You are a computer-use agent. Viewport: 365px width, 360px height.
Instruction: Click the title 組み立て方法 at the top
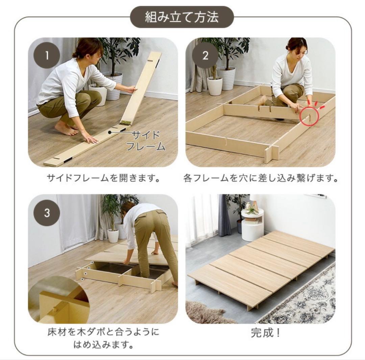[x=182, y=17]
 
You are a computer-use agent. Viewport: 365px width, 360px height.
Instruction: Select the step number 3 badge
[x=47, y=213]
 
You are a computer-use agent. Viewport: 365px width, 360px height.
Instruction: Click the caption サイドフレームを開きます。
[x=103, y=178]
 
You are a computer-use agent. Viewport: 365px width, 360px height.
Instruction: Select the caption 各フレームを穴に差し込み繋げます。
[x=261, y=178]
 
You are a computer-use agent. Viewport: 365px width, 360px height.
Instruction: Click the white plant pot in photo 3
[x=113, y=235]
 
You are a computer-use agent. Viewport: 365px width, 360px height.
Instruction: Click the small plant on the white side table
[x=252, y=210]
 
